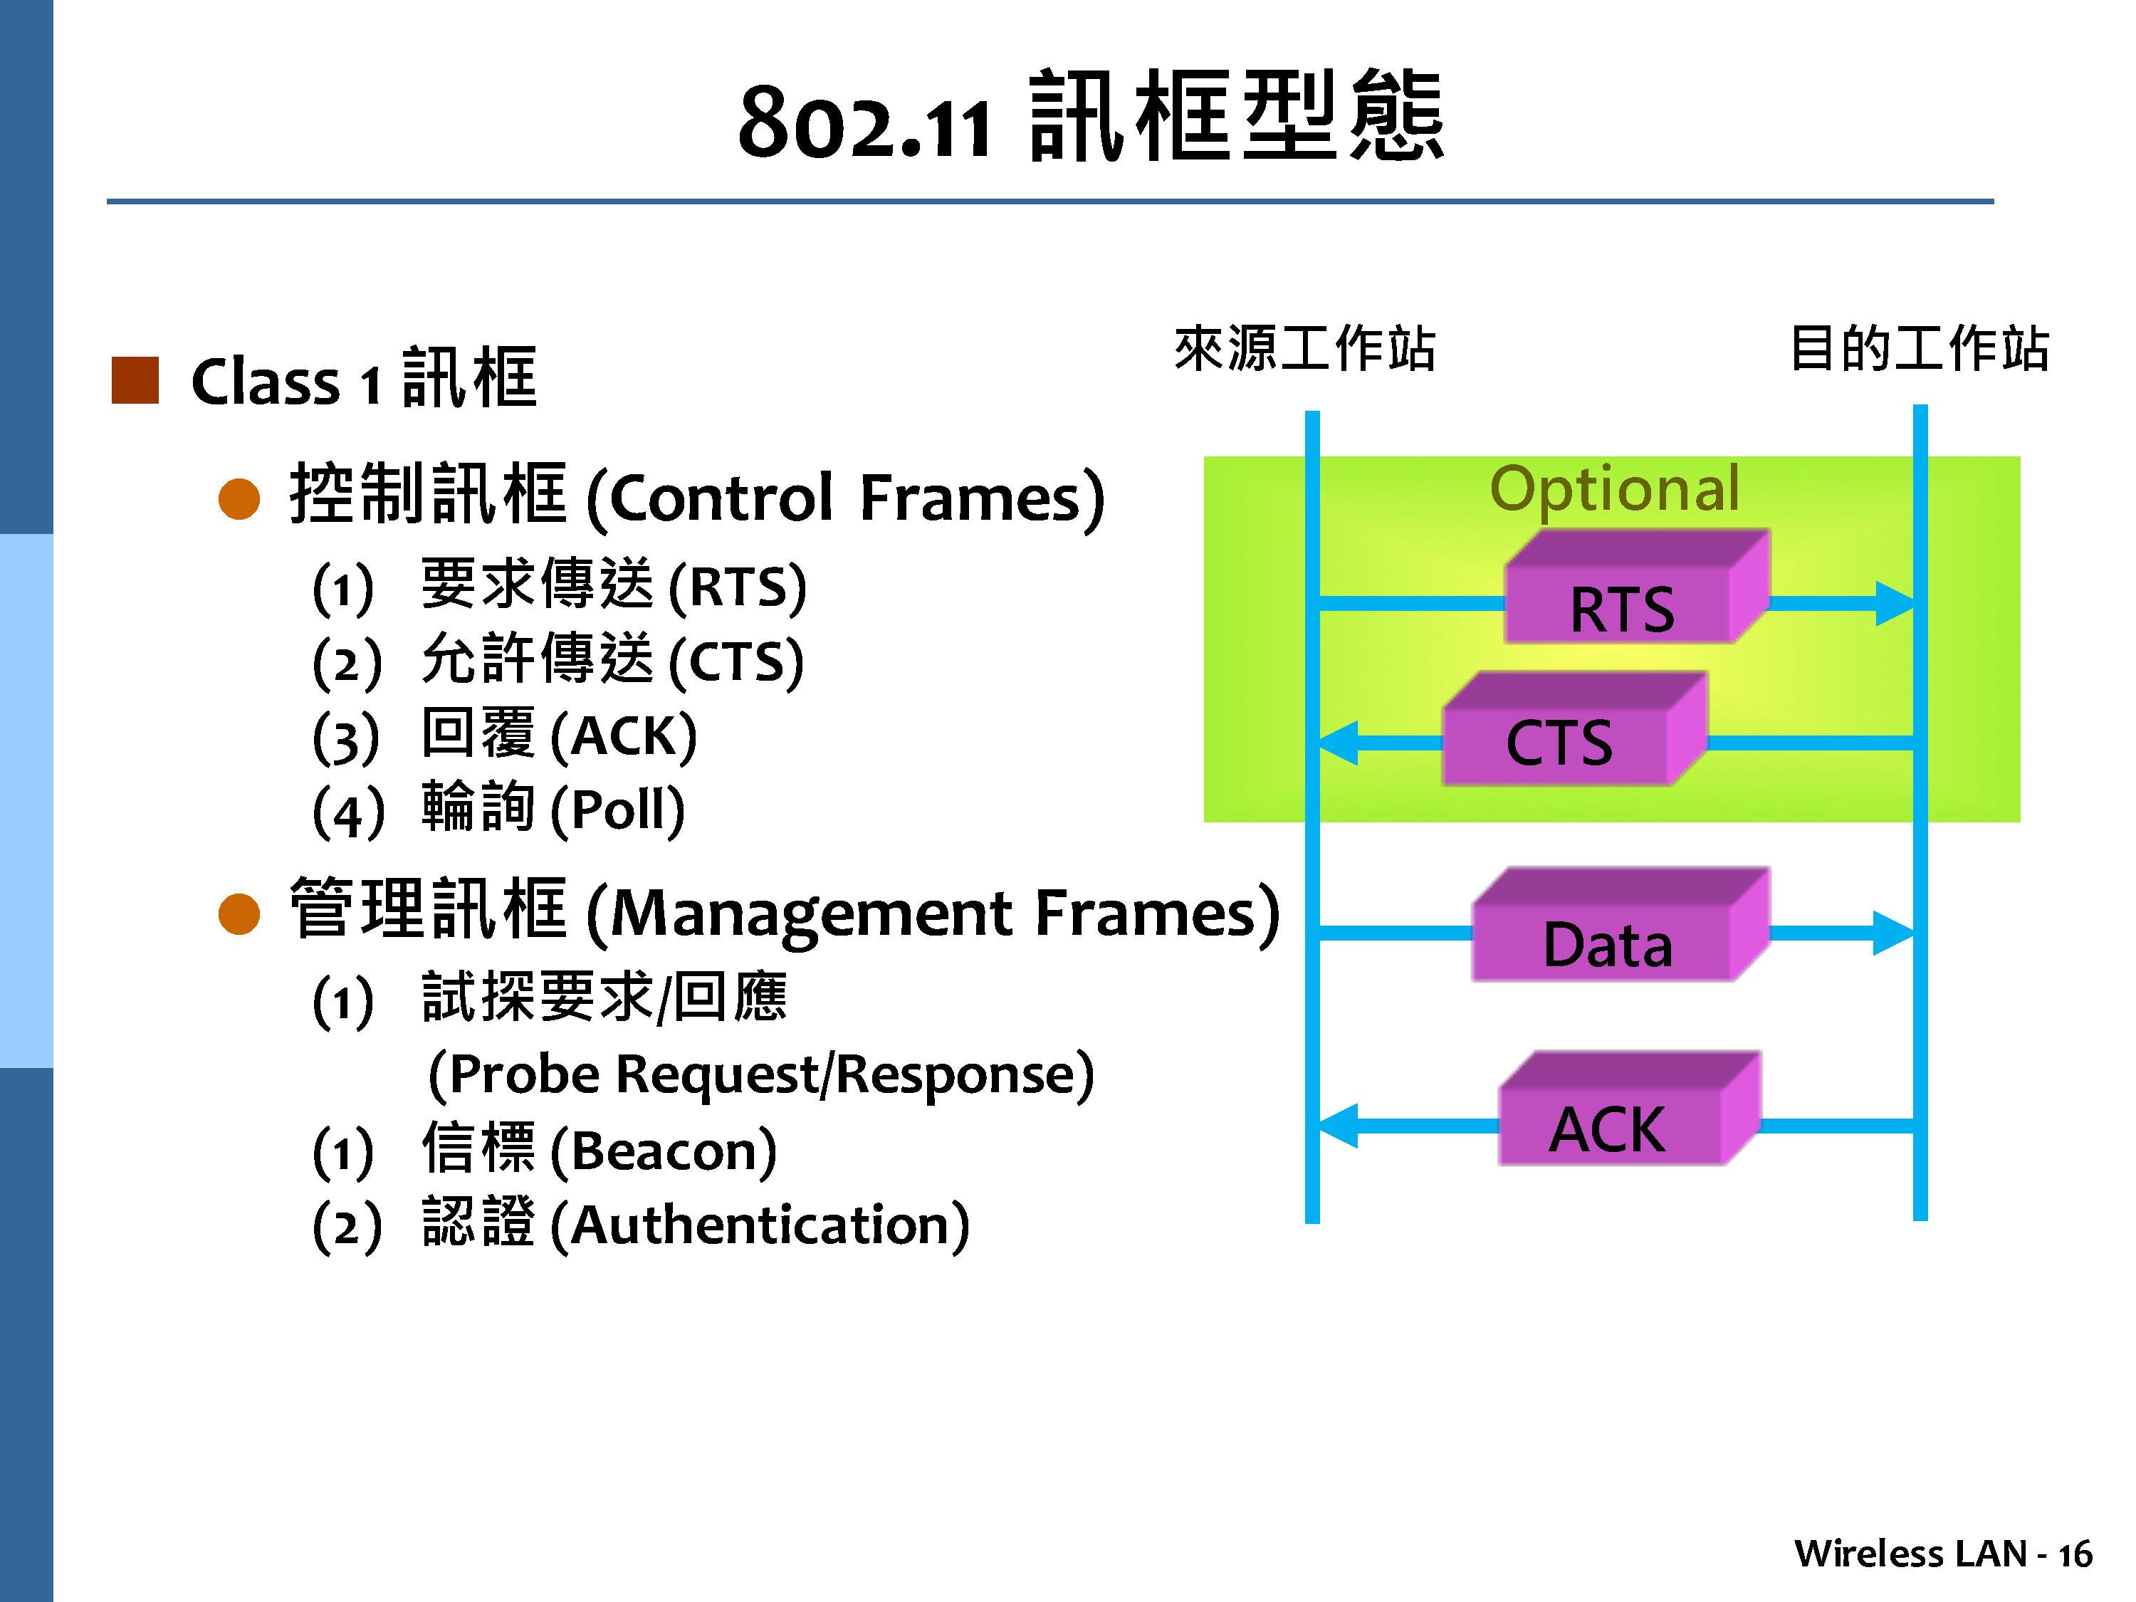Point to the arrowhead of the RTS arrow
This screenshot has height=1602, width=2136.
pos(1895,604)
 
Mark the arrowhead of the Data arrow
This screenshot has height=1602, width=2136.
pos(1892,933)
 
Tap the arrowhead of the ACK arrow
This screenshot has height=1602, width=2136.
pos(1337,1126)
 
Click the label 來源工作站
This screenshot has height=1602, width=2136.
pos(1304,349)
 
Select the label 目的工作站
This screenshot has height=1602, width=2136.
pos(1919,349)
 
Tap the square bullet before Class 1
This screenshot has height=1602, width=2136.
pos(135,380)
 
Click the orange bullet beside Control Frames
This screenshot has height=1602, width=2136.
pos(239,499)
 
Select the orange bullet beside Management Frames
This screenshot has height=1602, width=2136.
pos(239,914)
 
